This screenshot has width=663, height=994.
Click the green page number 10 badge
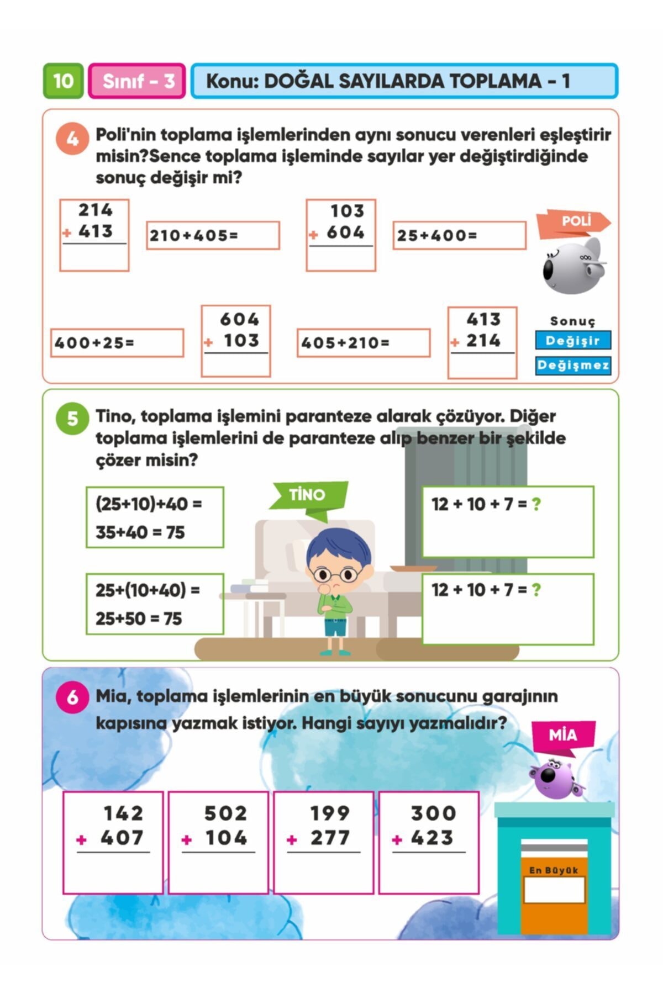click(64, 81)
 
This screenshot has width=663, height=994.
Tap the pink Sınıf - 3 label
click(137, 81)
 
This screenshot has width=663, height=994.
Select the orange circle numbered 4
click(72, 138)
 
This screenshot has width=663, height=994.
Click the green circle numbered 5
click(72, 418)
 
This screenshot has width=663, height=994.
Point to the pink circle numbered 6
click(72, 697)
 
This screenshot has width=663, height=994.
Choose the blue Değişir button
click(573, 340)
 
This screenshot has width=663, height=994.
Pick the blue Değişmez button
click(573, 365)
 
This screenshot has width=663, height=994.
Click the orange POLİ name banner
click(574, 223)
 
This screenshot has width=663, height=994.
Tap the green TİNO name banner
click(308, 495)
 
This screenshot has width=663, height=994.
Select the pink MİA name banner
click(563, 736)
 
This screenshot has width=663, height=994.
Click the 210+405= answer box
click(213, 236)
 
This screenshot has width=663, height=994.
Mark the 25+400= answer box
click(459, 236)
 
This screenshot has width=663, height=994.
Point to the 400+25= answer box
click(117, 343)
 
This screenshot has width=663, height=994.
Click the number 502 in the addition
click(225, 813)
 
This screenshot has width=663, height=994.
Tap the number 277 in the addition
click(330, 838)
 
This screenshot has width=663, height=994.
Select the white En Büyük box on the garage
click(554, 890)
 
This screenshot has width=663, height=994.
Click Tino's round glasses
click(334, 575)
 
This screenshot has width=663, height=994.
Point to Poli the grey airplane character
click(572, 266)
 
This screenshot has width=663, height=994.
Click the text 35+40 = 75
click(140, 532)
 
